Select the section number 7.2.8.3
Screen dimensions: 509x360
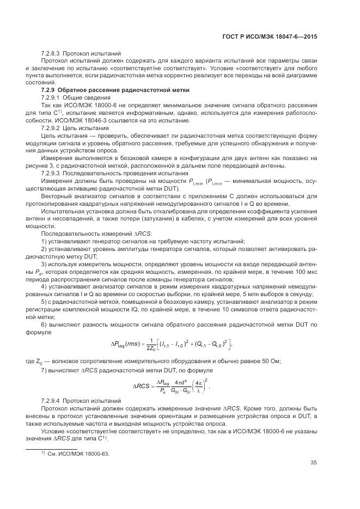51,54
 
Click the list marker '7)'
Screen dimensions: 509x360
45,370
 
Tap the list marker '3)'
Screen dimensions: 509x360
45,263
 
